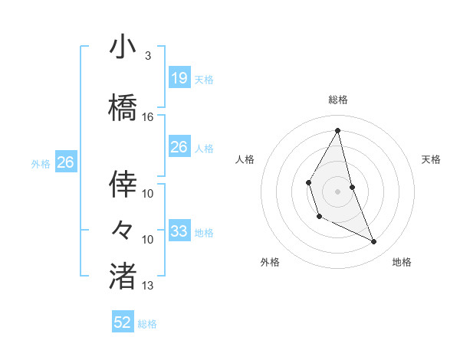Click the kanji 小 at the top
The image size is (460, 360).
123,47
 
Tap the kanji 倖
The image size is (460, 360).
123,185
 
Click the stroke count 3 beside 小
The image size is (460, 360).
147,56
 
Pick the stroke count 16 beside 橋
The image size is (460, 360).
148,117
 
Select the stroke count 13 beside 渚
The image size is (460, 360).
148,286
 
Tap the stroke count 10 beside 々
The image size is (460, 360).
148,240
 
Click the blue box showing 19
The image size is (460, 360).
179,77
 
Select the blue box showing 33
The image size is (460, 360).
179,231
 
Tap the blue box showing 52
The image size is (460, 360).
123,322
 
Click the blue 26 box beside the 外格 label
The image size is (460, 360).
65,162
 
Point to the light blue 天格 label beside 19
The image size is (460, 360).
204,79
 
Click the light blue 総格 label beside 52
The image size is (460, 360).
147,324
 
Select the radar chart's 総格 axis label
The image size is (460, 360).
337,100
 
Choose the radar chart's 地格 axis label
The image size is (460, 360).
402,262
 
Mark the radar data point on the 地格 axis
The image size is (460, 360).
374,242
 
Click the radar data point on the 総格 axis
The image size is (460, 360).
337,129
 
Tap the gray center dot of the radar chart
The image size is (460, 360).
337,189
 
